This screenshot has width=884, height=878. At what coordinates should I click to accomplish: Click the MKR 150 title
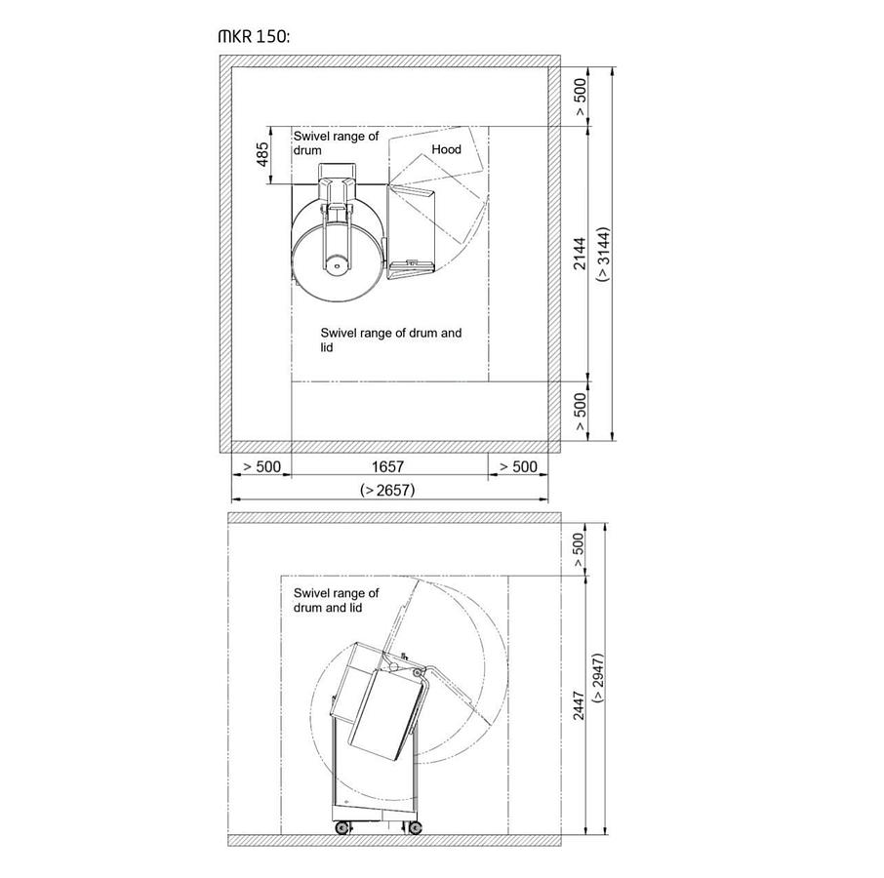254,37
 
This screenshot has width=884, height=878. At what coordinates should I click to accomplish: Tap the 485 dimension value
262,154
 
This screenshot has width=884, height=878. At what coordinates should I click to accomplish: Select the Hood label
446,149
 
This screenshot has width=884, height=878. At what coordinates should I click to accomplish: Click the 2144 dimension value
580,254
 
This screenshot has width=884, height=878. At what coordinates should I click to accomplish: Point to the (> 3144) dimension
604,255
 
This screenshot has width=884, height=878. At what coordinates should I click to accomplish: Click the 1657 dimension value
387,466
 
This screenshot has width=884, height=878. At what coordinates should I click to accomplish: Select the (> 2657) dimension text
387,491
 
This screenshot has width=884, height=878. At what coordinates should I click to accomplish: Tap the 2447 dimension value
579,705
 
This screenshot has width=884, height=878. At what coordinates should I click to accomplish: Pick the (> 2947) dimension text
599,677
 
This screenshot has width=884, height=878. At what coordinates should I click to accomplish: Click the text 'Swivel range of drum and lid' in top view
390,339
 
